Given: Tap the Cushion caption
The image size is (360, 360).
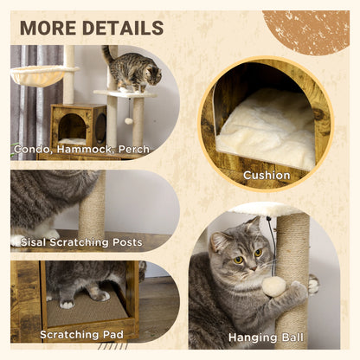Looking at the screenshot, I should point(267,175).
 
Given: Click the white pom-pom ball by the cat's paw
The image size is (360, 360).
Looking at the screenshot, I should point(274,286).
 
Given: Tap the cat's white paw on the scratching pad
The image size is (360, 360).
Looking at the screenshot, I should point(67,305).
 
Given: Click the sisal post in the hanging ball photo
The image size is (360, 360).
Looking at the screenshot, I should point(292,260).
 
